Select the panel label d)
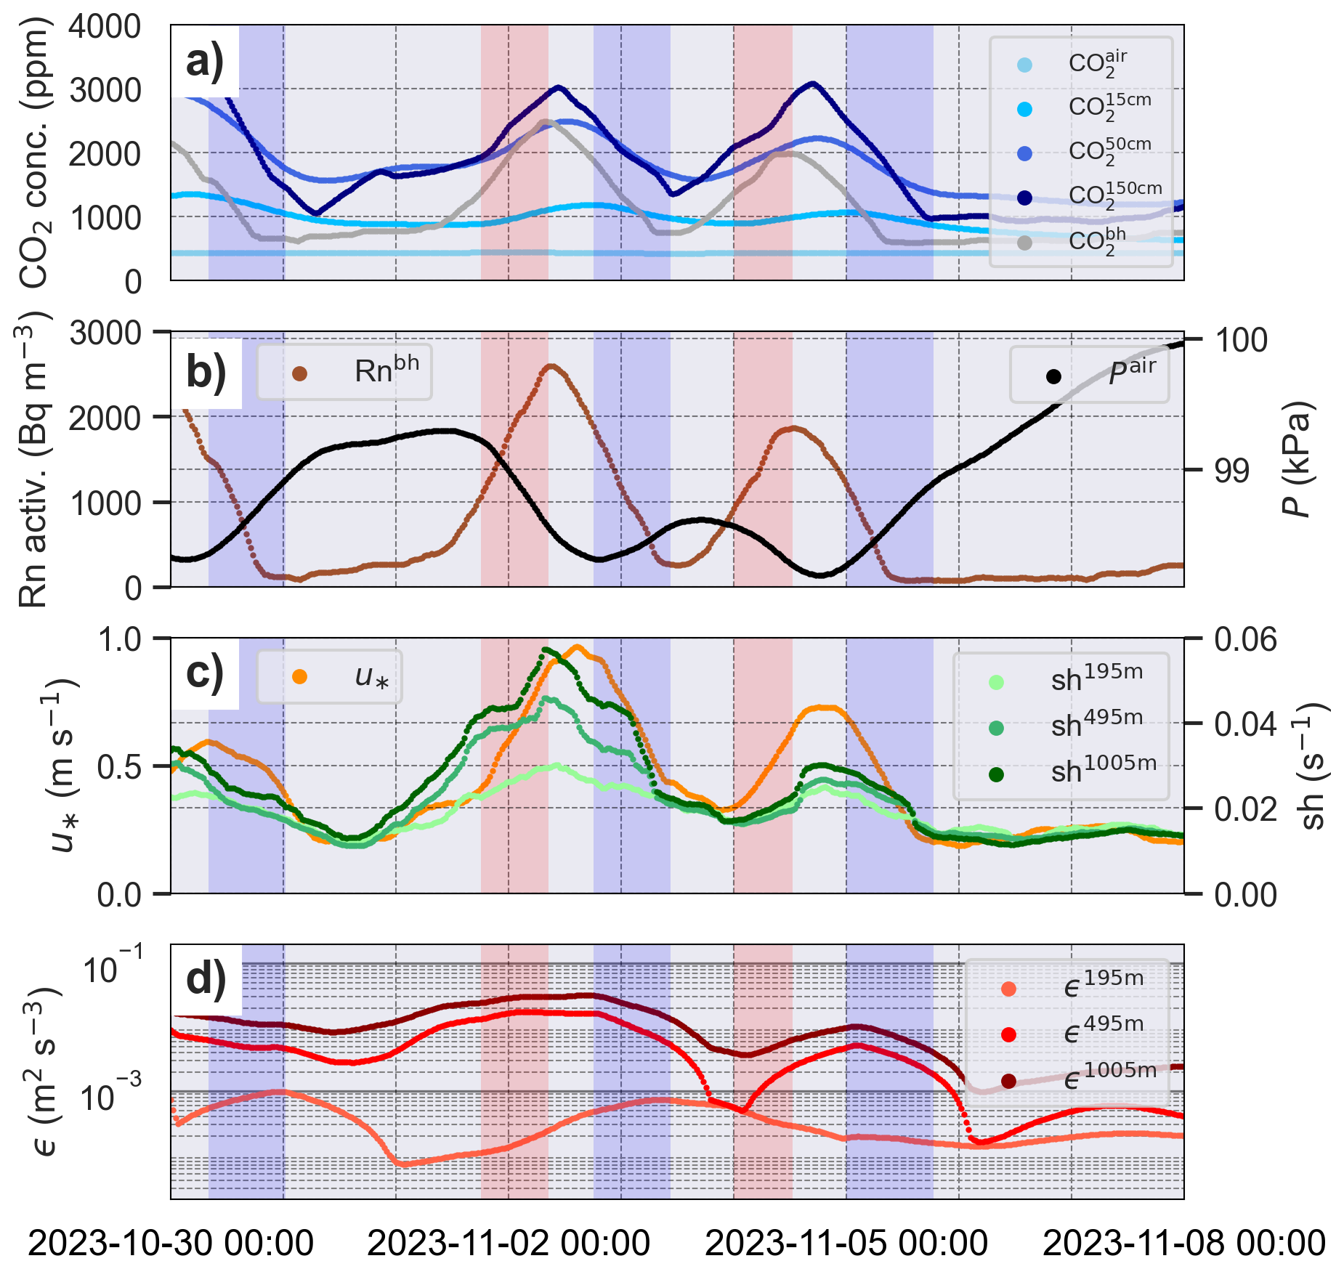(206, 978)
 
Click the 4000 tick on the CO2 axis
(105, 27)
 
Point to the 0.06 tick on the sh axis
(1245, 640)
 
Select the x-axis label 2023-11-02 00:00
(509, 1243)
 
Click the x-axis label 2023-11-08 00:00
(1184, 1243)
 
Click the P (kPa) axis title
(1297, 459)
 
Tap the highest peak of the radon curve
(550, 366)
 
